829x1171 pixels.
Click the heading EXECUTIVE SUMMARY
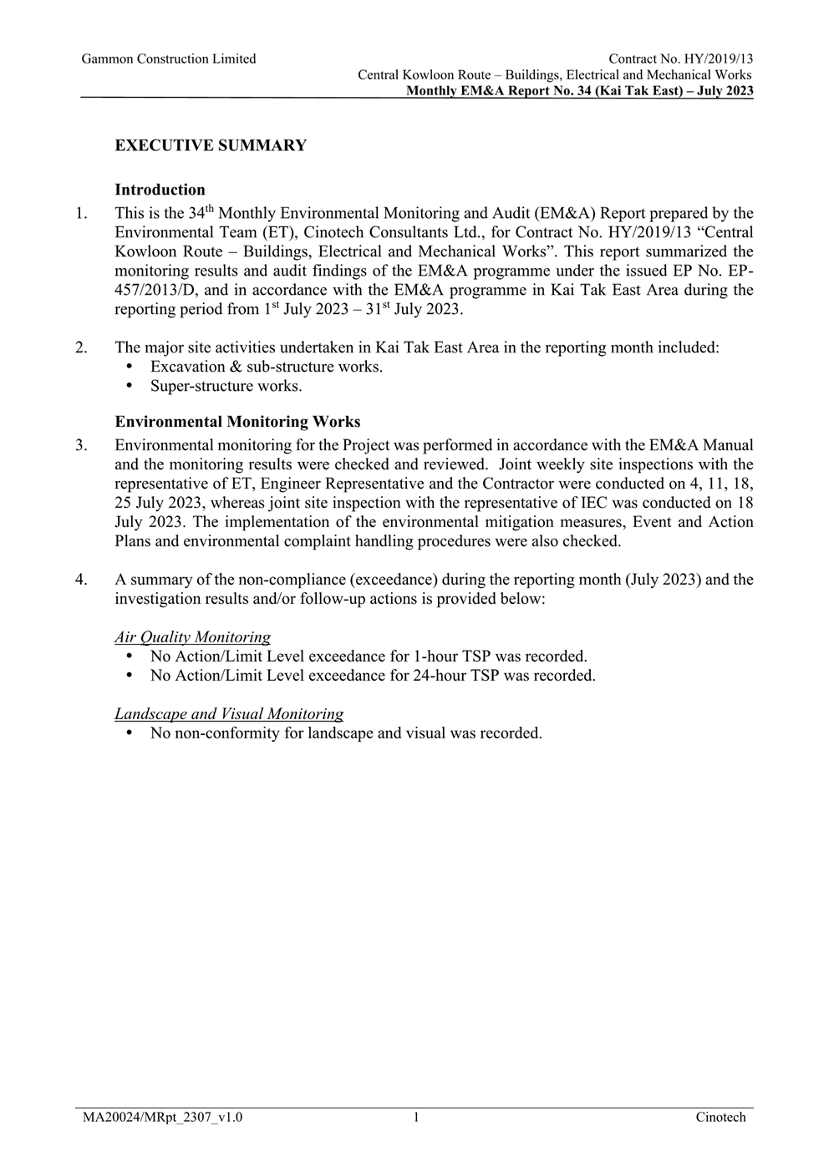click(211, 145)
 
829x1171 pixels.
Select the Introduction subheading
click(160, 190)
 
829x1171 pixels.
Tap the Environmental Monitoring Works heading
click(237, 422)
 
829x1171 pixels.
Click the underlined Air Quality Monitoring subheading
click(192, 637)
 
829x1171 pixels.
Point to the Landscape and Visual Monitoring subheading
click(229, 714)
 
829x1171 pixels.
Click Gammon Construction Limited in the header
click(169, 58)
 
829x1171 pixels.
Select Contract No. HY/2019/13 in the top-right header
click(680, 58)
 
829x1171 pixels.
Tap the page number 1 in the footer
click(415, 1117)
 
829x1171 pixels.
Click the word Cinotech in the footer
click(720, 1117)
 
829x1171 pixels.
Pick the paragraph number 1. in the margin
click(81, 214)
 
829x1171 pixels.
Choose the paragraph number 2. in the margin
click(81, 347)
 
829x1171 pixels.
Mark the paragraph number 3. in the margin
click(81, 445)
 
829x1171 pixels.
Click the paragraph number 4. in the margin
click(81, 580)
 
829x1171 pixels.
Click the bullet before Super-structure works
click(129, 386)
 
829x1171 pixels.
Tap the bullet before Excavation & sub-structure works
click(129, 367)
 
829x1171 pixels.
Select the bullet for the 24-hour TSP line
click(129, 676)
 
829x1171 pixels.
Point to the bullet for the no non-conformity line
click(129, 733)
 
